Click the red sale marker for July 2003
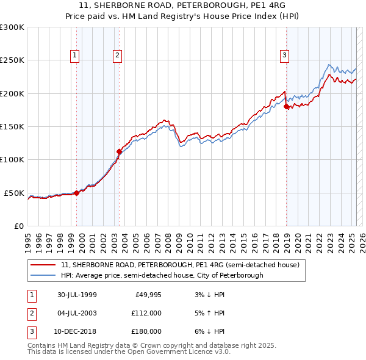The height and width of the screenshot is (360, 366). (x=120, y=151)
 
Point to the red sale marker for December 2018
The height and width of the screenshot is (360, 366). (x=286, y=106)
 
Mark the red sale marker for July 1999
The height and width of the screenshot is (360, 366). (x=77, y=193)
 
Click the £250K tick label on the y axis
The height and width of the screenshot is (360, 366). (x=12, y=60)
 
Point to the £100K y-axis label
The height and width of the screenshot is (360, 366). (x=12, y=160)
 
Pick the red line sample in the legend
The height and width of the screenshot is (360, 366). (x=43, y=265)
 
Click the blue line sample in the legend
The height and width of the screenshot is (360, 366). (x=43, y=275)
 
